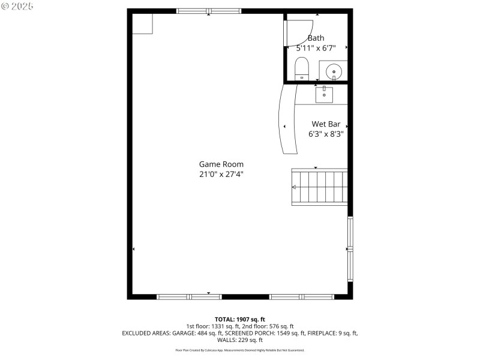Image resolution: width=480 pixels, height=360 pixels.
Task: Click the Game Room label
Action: (x=221, y=164)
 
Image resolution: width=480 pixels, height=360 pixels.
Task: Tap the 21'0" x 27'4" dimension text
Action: (x=221, y=175)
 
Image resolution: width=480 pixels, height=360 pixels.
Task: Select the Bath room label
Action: (x=316, y=38)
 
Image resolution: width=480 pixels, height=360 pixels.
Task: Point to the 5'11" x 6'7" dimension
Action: (x=316, y=48)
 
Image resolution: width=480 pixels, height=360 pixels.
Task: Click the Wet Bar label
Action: (x=326, y=124)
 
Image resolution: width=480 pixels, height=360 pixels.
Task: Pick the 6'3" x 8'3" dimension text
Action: (x=326, y=134)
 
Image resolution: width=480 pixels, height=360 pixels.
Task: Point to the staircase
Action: (x=319, y=187)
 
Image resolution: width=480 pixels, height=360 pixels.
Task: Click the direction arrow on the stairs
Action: (x=294, y=187)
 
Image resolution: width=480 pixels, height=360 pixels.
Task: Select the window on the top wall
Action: (x=209, y=11)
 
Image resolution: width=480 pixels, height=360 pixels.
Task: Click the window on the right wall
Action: (x=350, y=249)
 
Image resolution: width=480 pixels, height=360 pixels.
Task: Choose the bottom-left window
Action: (x=189, y=296)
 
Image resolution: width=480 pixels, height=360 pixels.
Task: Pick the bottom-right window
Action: (x=302, y=296)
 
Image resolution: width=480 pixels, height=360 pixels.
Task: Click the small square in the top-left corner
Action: (x=143, y=23)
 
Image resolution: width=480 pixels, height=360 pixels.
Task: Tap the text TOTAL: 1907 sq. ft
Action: (x=240, y=319)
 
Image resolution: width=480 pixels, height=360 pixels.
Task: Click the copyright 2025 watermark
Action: (x=17, y=6)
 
